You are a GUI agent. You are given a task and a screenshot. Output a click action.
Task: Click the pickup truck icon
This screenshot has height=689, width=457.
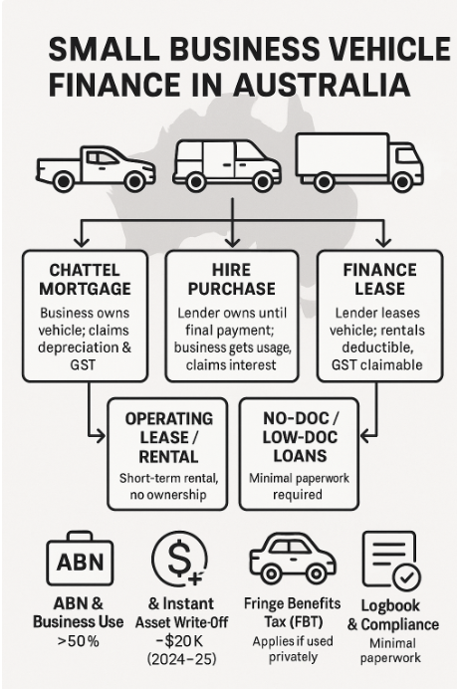pos(96,169)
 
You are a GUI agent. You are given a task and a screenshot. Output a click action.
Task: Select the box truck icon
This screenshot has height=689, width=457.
pos(359,162)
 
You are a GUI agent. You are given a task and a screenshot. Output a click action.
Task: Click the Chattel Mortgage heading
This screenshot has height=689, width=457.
pos(85,280)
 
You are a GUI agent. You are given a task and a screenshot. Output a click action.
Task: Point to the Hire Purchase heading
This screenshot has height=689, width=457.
pos(232,280)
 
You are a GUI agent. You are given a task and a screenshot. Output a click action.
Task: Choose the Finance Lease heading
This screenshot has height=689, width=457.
pos(379,280)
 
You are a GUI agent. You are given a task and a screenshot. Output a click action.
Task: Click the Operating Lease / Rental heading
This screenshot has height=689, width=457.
pos(168,438)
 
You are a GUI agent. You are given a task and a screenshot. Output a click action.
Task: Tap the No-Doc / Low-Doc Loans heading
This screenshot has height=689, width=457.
pos(300,437)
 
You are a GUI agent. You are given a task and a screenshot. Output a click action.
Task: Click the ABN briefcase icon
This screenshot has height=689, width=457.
pos(80,558)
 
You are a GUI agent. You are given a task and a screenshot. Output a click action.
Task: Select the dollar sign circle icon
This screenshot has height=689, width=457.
pos(180,559)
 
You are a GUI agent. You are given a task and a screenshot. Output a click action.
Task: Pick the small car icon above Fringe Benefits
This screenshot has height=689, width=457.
pos(293,558)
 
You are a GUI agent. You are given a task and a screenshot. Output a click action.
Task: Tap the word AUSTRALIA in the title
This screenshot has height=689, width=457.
pos(322,85)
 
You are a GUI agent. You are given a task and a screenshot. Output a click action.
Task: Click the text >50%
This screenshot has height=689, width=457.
pos(79,641)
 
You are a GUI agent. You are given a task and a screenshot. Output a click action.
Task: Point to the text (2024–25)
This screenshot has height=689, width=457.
pos(181,659)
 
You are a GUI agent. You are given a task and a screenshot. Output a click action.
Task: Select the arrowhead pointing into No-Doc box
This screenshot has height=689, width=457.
pos(365,436)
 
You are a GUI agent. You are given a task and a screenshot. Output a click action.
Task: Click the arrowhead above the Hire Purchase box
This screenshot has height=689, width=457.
pos(232,243)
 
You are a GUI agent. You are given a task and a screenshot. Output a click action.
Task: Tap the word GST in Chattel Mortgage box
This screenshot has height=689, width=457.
pos(83,364)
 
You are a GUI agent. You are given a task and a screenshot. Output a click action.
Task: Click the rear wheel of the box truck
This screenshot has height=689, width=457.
pos(324,182)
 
